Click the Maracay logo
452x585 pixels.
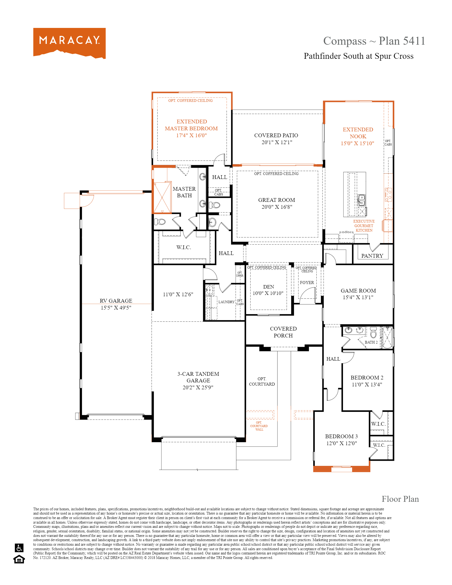click(x=69, y=43)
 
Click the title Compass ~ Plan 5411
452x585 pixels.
click(x=374, y=41)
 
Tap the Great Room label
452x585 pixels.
click(x=277, y=200)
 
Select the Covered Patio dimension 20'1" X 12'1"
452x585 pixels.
click(x=277, y=142)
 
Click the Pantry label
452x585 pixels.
click(x=372, y=256)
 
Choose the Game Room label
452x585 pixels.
click(x=358, y=291)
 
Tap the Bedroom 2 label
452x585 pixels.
click(x=367, y=378)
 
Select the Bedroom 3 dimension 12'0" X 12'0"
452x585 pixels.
click(x=341, y=443)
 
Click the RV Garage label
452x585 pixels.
click(x=116, y=301)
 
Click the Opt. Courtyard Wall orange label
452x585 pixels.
click(x=259, y=426)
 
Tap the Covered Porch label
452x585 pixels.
click(x=283, y=332)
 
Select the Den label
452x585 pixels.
click(x=268, y=287)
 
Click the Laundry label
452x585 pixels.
click(x=226, y=302)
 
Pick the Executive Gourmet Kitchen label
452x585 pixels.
click(x=364, y=226)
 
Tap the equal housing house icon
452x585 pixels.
click(x=19, y=559)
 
